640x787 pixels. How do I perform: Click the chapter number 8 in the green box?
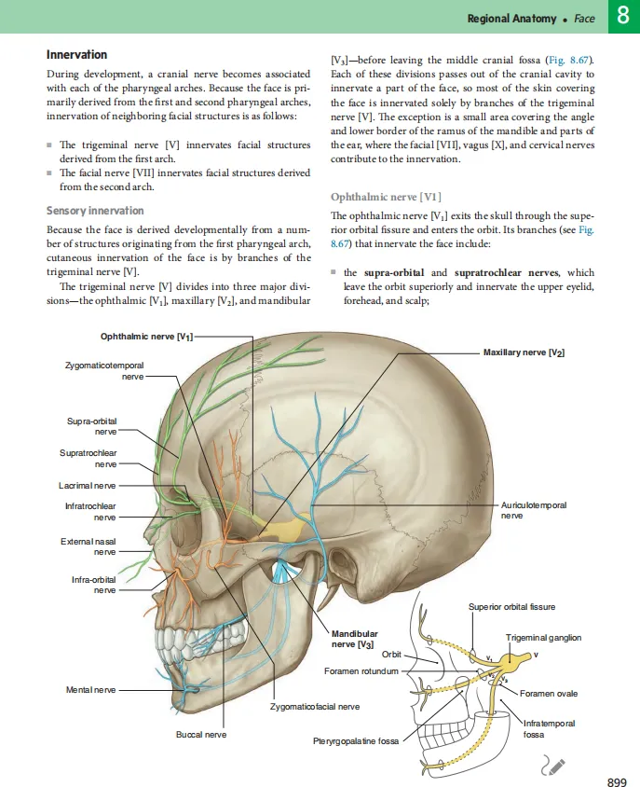coord(621,17)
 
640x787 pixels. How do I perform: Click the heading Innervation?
coord(76,55)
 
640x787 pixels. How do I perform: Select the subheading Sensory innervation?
coord(95,211)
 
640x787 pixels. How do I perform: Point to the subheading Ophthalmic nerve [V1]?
coord(386,197)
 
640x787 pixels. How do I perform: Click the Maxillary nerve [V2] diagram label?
coord(524,352)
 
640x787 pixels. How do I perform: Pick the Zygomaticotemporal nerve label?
coord(104,372)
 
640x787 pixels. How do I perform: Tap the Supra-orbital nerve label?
coord(92,426)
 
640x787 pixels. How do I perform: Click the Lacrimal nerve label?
coord(82,485)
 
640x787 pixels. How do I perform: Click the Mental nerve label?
coord(91,689)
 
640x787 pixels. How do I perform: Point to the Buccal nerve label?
coord(201,735)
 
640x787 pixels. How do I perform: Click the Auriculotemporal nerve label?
coord(533,509)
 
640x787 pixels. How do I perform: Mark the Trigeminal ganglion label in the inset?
coord(543,638)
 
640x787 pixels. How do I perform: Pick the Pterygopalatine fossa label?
coord(356,741)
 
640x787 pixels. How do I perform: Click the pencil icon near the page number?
coord(552,766)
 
